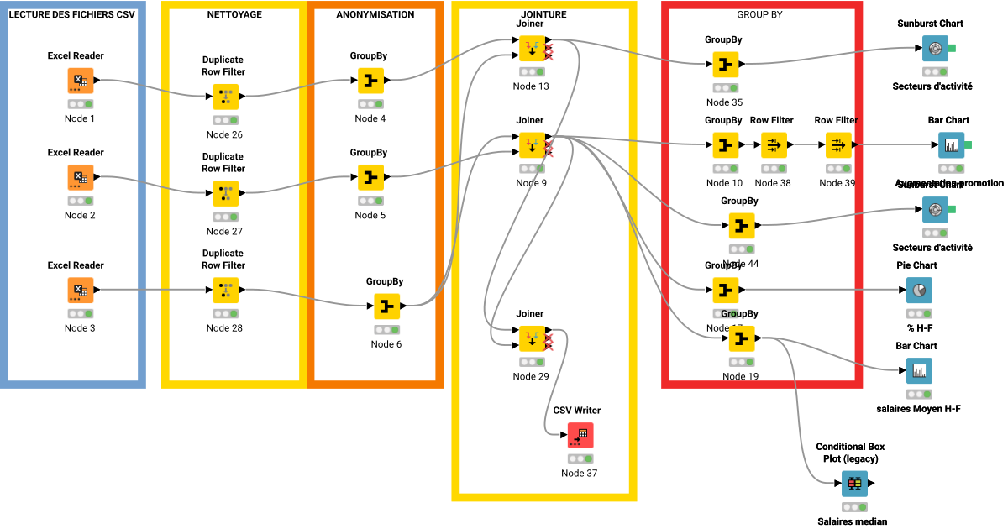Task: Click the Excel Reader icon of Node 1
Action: pyautogui.click(x=81, y=81)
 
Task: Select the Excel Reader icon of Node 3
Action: pyautogui.click(x=81, y=291)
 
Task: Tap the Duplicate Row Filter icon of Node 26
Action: pyautogui.click(x=225, y=97)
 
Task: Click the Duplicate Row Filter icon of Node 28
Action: pyautogui.click(x=225, y=291)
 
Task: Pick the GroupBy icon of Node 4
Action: pyautogui.click(x=370, y=81)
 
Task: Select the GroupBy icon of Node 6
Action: pyautogui.click(x=386, y=306)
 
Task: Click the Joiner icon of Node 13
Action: pyautogui.click(x=531, y=49)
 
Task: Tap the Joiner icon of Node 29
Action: pyautogui.click(x=531, y=338)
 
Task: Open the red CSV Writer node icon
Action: pyautogui.click(x=580, y=435)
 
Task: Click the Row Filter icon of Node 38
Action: pyautogui.click(x=773, y=145)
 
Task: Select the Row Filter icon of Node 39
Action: pyautogui.click(x=837, y=145)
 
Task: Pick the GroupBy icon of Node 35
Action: pyautogui.click(x=724, y=65)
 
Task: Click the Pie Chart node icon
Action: pyautogui.click(x=918, y=291)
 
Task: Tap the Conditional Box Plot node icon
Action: pyautogui.click(x=853, y=484)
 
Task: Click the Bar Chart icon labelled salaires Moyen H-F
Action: pyautogui.click(x=918, y=370)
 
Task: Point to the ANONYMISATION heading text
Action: pyautogui.click(x=375, y=15)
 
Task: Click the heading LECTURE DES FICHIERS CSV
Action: pyautogui.click(x=72, y=15)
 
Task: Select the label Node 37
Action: pyautogui.click(x=580, y=473)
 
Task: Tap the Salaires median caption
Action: pyautogui.click(x=852, y=521)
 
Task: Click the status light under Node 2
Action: pyautogui.click(x=81, y=201)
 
